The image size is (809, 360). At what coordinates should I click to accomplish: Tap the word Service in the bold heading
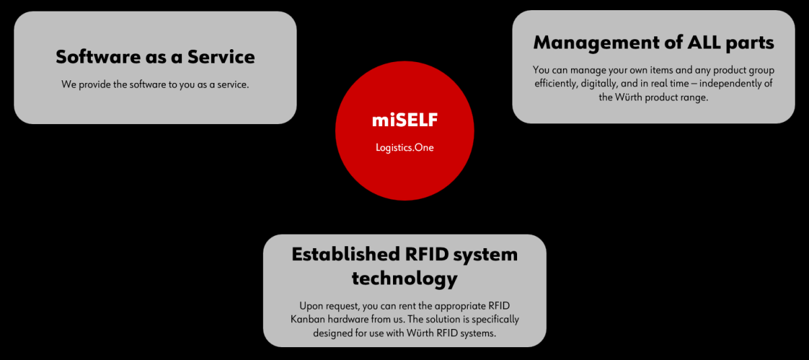click(x=221, y=57)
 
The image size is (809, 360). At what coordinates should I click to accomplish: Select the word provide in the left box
click(x=94, y=84)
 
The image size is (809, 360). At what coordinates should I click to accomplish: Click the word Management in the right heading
click(x=597, y=43)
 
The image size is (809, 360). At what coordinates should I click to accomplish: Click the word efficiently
click(x=556, y=84)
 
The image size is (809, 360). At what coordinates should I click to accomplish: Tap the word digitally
click(x=599, y=84)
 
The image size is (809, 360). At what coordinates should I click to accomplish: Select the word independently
click(x=726, y=84)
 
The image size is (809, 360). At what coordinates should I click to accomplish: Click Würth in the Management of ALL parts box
click(x=628, y=97)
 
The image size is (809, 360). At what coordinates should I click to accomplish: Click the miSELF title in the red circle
click(x=405, y=120)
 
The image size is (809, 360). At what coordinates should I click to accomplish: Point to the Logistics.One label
click(x=405, y=148)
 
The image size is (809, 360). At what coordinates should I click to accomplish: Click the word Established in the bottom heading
click(x=346, y=254)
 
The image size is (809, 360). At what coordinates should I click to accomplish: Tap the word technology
click(x=404, y=278)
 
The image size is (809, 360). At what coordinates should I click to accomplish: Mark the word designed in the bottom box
click(x=332, y=333)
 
